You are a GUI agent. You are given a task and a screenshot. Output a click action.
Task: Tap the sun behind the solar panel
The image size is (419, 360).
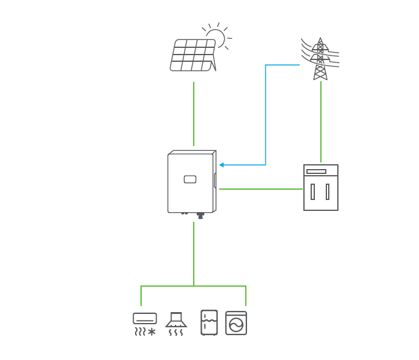(x=217, y=36)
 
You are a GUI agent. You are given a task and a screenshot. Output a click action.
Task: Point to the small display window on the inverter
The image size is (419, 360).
(x=190, y=179)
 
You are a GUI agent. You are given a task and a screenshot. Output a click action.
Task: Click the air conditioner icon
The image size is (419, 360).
(x=145, y=319)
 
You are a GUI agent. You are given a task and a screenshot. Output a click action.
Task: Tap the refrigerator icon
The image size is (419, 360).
(x=209, y=322)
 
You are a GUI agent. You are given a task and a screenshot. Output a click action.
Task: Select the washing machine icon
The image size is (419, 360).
(x=236, y=323)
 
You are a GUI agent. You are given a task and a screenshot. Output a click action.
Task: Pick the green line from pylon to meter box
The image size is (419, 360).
(x=321, y=121)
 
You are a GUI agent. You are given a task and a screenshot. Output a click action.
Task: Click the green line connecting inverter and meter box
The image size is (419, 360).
(x=260, y=189)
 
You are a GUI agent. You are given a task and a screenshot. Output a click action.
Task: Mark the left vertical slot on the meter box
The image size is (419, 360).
(x=312, y=192)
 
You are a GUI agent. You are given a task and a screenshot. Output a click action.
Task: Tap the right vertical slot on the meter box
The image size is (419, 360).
(x=328, y=192)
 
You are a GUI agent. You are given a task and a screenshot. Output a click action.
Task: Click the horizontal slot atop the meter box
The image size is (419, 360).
(x=316, y=172)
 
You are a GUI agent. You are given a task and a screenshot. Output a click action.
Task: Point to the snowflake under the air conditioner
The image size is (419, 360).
(x=152, y=332)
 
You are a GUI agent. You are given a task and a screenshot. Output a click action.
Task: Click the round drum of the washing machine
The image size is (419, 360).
(x=236, y=325)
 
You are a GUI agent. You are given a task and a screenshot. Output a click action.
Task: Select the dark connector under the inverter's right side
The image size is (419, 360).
(x=200, y=215)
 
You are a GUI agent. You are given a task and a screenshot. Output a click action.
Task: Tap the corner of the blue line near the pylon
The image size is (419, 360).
(x=266, y=65)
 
